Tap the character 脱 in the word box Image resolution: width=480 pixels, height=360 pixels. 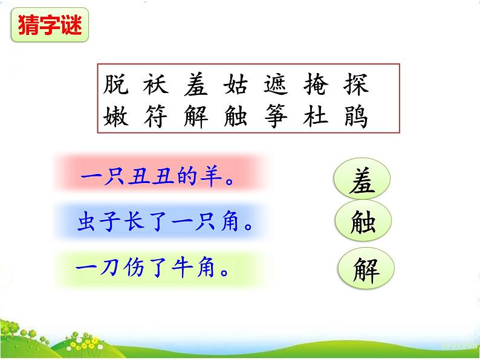[x=115, y=85]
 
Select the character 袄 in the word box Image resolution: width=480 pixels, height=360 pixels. [x=155, y=85]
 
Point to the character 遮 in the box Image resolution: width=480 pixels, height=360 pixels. [x=276, y=85]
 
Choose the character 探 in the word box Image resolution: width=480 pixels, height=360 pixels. [x=355, y=85]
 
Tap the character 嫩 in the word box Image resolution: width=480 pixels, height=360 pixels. [x=115, y=116]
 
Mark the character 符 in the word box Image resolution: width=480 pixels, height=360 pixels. [x=155, y=116]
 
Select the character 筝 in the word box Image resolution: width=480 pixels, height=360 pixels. [x=276, y=116]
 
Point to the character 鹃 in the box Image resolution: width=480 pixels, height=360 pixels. [x=355, y=116]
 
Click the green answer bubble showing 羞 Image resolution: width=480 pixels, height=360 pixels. [x=362, y=181]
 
